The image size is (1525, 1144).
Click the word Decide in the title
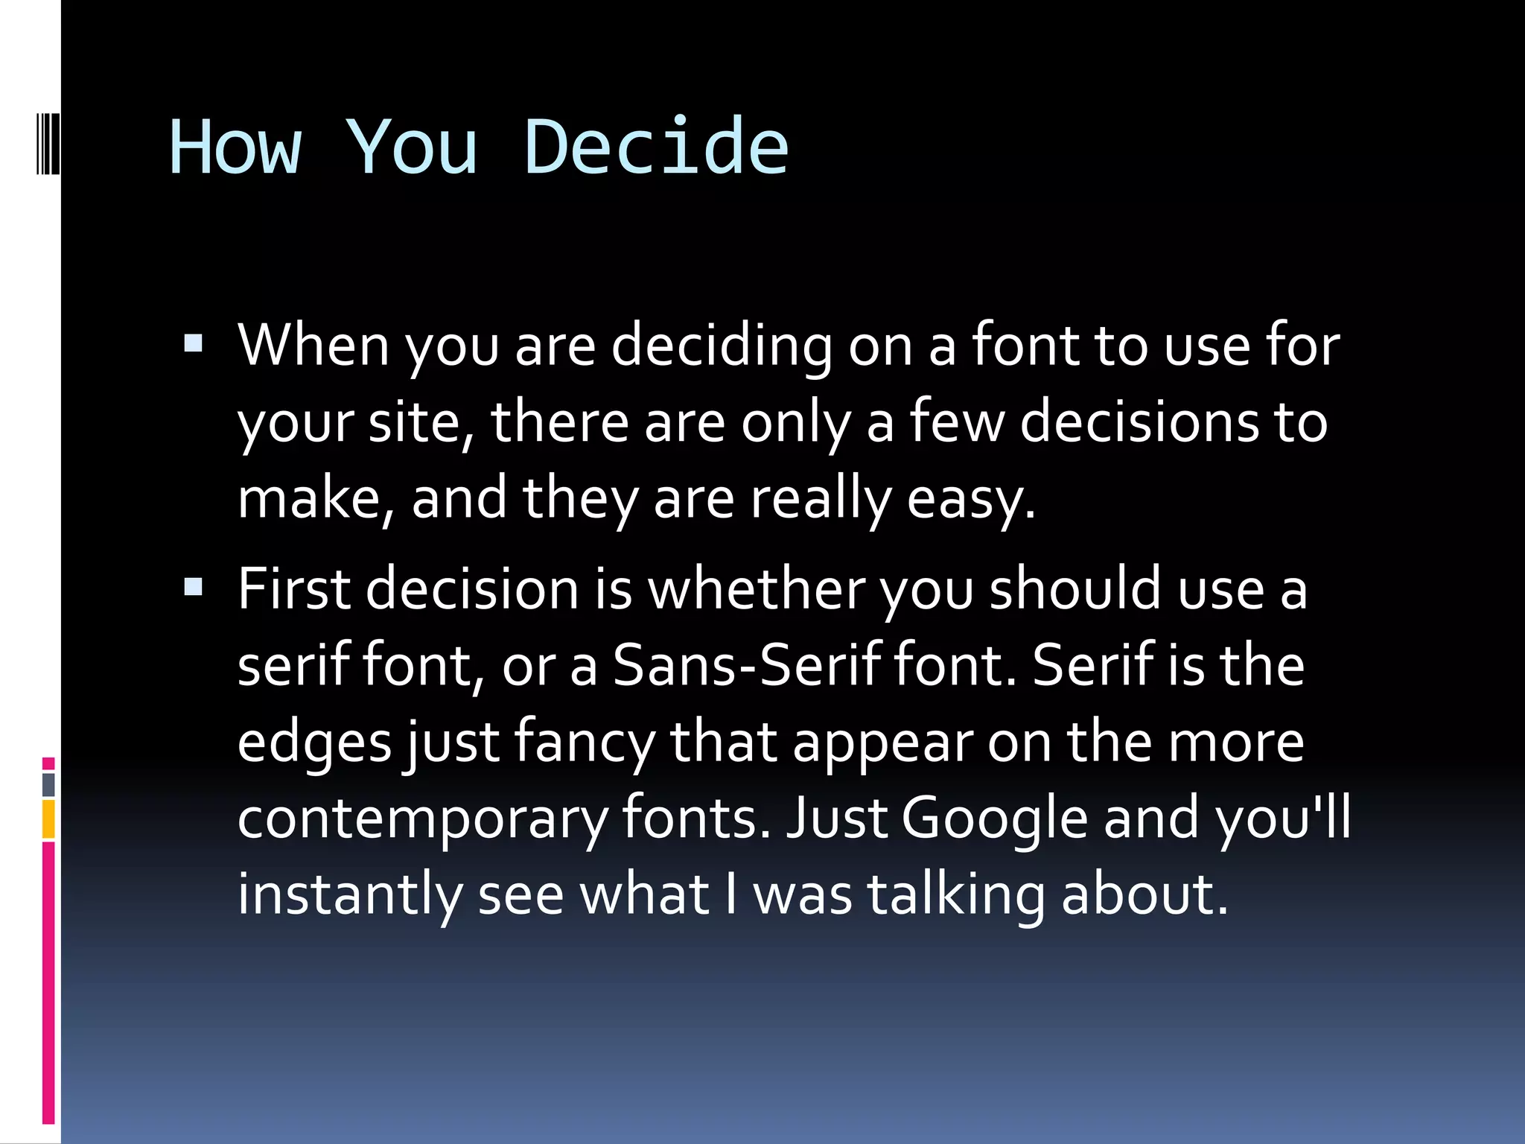point(655,147)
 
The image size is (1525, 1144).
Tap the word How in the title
point(235,147)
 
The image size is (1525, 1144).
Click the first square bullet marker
point(193,343)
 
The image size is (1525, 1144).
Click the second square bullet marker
point(193,587)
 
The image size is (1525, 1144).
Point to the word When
point(313,346)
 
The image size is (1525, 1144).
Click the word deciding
point(721,347)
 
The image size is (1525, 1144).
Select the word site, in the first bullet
point(421,422)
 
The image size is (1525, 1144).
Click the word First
point(293,589)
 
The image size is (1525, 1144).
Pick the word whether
point(756,589)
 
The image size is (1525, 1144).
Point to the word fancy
point(584,743)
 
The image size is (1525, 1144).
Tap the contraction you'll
point(1283,818)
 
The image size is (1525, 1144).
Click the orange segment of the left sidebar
point(48,819)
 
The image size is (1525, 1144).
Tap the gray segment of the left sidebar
point(48,785)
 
